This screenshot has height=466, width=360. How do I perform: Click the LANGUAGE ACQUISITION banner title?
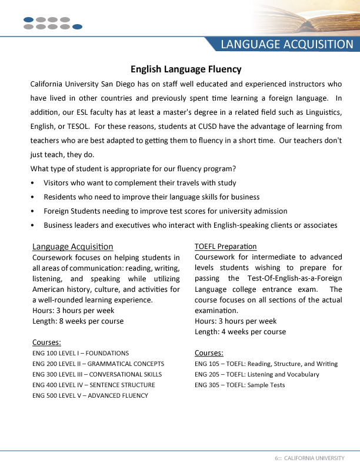pyautogui.click(x=287, y=45)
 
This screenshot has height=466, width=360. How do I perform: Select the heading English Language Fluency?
pyautogui.click(x=186, y=69)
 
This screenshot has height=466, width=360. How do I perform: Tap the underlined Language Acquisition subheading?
pyautogui.click(x=73, y=247)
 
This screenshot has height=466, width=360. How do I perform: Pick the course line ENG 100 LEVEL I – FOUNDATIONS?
pyautogui.click(x=81, y=353)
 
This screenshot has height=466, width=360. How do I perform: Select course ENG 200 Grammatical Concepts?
pyautogui.click(x=98, y=364)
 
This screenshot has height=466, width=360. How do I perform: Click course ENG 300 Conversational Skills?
pyautogui.click(x=97, y=374)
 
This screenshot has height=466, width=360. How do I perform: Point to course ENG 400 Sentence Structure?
pyautogui.click(x=94, y=385)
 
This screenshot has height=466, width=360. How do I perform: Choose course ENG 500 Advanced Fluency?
pyautogui.click(x=90, y=395)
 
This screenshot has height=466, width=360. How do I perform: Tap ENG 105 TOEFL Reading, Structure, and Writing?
pyautogui.click(x=266, y=364)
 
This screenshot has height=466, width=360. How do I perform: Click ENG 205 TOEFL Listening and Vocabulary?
pyautogui.click(x=256, y=374)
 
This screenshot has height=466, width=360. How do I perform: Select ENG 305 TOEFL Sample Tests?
pyautogui.click(x=239, y=385)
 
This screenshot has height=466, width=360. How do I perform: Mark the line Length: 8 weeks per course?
pyautogui.click(x=78, y=321)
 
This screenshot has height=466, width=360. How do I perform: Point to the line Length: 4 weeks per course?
pyautogui.click(x=240, y=332)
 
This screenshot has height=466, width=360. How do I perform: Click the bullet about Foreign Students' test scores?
pyautogui.click(x=165, y=211)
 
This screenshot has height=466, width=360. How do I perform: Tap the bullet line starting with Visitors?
pyautogui.click(x=140, y=183)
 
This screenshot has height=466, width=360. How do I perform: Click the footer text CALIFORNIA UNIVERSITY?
pyautogui.click(x=314, y=458)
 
